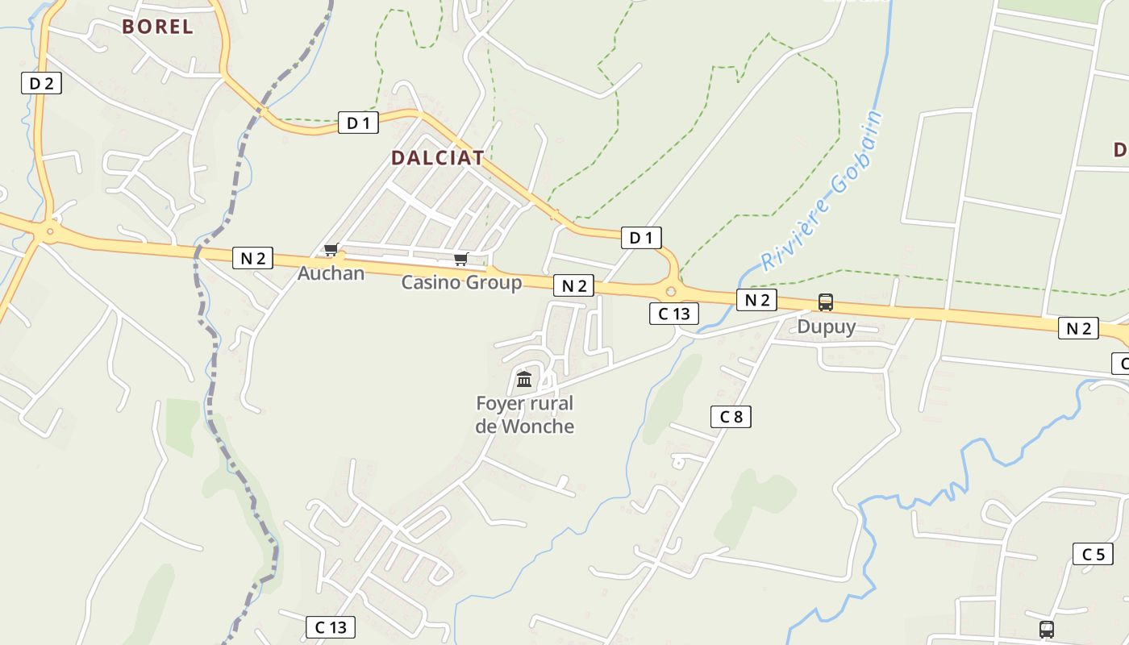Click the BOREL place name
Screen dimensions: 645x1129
pos(157,27)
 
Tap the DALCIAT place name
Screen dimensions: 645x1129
pos(437,158)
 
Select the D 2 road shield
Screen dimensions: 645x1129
pos(41,82)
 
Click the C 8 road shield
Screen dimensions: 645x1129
pos(731,417)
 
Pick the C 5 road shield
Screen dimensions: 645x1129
pos(1093,554)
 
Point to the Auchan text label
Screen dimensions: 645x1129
pos(331,273)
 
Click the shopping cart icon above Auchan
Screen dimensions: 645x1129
pos(331,250)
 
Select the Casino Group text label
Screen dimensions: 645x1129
pos(461,283)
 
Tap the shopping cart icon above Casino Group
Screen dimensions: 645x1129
pos(460,259)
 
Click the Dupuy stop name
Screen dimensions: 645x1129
pos(826,327)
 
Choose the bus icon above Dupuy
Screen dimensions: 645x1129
pos(826,302)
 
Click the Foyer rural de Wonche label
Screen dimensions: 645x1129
pos(524,414)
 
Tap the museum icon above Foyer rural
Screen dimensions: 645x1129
pos(524,379)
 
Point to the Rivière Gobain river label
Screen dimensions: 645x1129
pos(823,192)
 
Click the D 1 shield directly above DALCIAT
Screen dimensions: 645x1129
pos(358,123)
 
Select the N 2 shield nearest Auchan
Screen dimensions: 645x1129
pos(252,258)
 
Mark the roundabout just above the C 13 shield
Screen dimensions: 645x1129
pos(671,291)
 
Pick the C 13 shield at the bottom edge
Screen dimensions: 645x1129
pos(331,627)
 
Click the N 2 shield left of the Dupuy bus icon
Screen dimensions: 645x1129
pos(756,301)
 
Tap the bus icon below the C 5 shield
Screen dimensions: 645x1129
pos(1047,629)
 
